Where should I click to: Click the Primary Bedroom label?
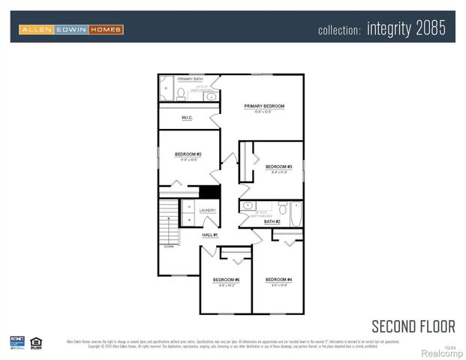point(259,106)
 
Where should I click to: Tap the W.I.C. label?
point(188,118)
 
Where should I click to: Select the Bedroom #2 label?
point(188,154)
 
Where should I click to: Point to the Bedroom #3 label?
point(278,166)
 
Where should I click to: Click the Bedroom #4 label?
point(278,280)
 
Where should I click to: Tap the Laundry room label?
point(208,211)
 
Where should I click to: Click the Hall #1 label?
point(209,235)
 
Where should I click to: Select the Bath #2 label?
point(272,222)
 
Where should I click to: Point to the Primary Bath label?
point(190,79)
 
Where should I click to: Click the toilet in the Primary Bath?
point(181,93)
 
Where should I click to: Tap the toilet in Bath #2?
point(283,207)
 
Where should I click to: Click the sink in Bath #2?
point(248,205)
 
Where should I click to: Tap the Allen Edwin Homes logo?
point(71,29)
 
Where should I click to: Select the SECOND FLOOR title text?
point(413,325)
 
